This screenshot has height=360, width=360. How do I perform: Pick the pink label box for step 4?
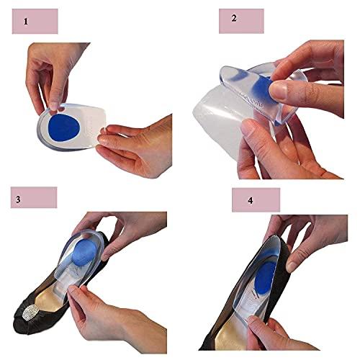255,199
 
